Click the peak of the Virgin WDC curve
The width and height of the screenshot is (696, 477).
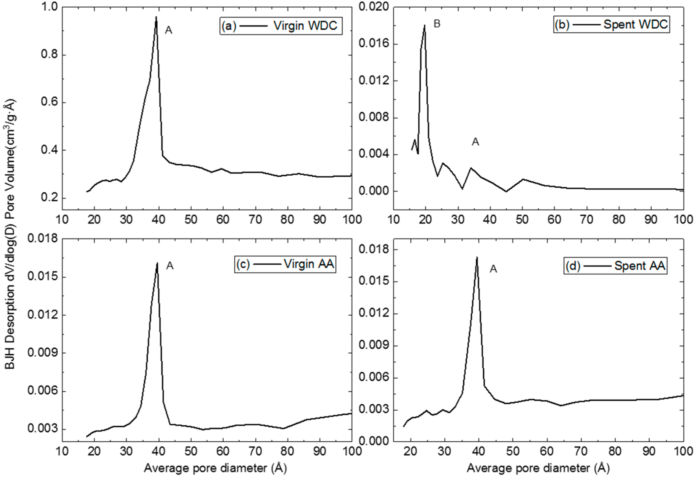[x=156, y=17]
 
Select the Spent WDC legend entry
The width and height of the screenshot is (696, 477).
[x=611, y=24]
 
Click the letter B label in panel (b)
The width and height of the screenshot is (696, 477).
[x=437, y=24]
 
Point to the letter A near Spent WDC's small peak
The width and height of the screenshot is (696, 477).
[x=475, y=142]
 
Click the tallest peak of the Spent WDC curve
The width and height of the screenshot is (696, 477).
[x=425, y=25]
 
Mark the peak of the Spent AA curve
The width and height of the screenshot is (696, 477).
[x=477, y=257]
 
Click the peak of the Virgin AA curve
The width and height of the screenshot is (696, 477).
[x=157, y=263]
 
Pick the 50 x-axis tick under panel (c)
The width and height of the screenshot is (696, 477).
[x=191, y=452]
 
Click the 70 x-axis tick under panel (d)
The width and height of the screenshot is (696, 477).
[x=581, y=452]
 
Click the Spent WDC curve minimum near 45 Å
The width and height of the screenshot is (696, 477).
[x=506, y=191]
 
